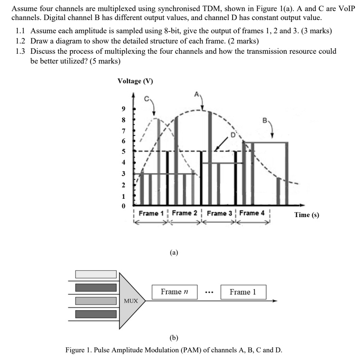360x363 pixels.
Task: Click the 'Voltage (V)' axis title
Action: point(135,81)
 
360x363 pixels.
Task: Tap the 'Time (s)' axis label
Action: point(306,215)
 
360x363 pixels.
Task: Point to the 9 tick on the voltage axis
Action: point(124,109)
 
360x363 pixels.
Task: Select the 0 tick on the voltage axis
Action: point(124,206)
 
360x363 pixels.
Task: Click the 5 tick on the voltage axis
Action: point(124,151)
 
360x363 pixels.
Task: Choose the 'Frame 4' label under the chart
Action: point(252,213)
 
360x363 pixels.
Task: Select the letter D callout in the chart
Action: point(233,134)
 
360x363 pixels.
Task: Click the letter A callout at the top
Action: point(196,93)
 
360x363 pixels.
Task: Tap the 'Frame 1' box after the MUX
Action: point(243,292)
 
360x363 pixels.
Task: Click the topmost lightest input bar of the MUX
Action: point(96,274)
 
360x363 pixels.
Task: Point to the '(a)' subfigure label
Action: point(174,253)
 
